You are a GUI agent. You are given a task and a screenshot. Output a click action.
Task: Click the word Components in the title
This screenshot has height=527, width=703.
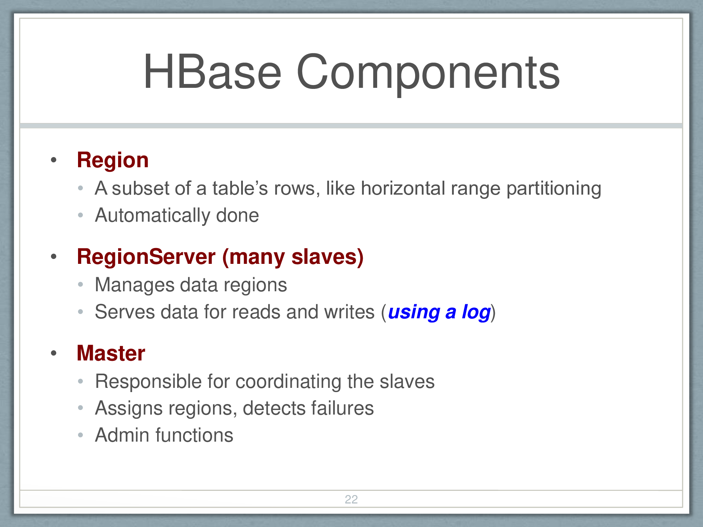click(428, 74)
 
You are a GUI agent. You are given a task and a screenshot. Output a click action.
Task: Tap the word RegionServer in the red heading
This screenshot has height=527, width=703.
click(146, 256)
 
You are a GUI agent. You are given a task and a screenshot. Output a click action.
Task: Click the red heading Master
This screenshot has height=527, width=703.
click(111, 353)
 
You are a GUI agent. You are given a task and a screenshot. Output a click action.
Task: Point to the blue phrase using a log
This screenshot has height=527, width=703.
click(439, 312)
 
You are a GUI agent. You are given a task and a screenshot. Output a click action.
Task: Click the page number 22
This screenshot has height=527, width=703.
click(351, 499)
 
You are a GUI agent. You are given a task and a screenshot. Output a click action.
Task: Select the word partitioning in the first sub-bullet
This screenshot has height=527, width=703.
click(554, 189)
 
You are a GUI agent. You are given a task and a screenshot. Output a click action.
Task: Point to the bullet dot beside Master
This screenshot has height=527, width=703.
click(54, 353)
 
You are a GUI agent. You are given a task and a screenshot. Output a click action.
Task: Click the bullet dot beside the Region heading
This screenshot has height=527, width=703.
click(54, 160)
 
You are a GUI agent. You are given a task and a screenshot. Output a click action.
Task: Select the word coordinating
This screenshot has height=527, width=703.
click(289, 382)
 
